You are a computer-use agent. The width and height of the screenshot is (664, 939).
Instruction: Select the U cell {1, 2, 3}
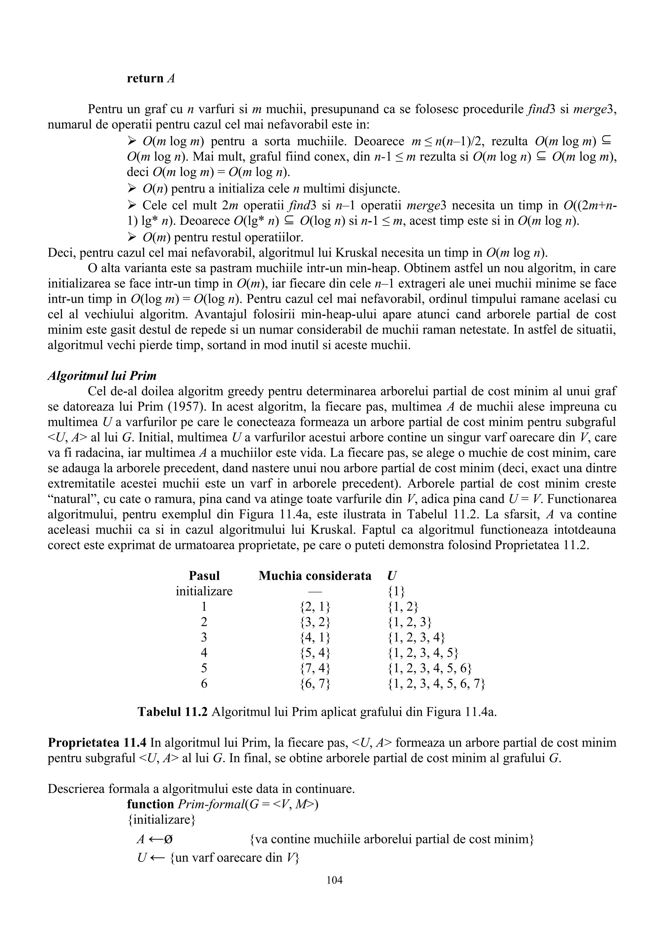(x=409, y=622)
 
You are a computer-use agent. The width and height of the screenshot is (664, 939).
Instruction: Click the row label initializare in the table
(x=204, y=591)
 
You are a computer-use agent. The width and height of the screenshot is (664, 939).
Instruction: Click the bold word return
(x=145, y=78)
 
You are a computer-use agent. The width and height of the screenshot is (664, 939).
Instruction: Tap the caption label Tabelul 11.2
(x=173, y=712)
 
